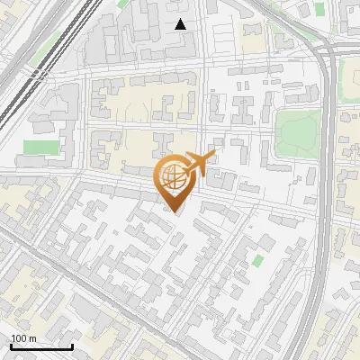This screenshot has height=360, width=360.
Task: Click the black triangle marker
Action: (181, 24)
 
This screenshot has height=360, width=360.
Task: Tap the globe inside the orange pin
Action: (174, 175)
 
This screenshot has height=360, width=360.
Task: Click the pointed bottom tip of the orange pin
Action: (175, 211)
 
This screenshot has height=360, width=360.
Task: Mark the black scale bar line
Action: (41, 347)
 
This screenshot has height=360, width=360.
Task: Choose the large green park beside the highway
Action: (297, 130)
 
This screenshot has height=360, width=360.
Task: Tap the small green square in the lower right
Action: (258, 260)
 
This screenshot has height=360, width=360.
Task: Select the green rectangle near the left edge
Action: (39, 147)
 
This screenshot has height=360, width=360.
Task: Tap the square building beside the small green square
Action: (245, 270)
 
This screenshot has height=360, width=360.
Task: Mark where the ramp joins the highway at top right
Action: (320, 49)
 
